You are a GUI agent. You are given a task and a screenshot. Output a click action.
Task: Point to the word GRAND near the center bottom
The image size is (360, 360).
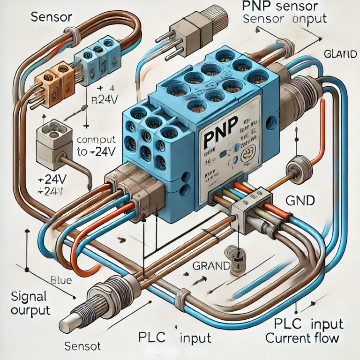(x=210, y=266)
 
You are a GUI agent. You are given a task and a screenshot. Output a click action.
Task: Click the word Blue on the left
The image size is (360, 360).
(x=60, y=281)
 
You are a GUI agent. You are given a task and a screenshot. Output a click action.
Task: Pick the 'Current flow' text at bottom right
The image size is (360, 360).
(x=302, y=337)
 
